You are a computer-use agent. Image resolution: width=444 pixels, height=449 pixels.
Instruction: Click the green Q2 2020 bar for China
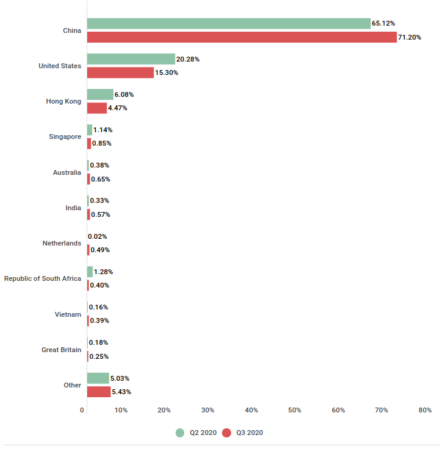point(229,23)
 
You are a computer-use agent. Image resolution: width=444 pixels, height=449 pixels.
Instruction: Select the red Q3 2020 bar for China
point(242,37)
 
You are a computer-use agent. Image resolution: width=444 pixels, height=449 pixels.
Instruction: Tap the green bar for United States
point(131,59)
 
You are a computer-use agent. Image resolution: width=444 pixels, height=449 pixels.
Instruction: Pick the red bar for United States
point(120,72)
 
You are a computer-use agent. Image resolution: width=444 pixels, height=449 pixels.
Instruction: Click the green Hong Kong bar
point(100,94)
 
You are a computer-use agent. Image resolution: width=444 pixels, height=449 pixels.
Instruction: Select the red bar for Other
point(99,392)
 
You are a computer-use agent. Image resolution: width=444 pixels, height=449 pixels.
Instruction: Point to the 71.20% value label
point(409,37)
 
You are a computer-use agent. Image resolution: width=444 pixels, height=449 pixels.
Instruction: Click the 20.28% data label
point(188,59)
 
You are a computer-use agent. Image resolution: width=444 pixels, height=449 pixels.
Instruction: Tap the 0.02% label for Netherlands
point(98,236)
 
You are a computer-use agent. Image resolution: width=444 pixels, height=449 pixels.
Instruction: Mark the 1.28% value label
point(103,272)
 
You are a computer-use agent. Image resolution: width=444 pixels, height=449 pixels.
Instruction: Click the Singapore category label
point(65,137)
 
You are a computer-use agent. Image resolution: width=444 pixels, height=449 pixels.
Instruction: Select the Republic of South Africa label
point(43,278)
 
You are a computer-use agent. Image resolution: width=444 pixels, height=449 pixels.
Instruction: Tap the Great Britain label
point(61,350)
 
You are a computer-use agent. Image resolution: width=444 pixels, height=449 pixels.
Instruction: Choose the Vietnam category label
point(68,314)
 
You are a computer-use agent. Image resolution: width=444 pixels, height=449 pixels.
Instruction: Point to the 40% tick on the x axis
point(251,410)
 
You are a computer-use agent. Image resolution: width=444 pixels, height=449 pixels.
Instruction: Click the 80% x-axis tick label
point(424,410)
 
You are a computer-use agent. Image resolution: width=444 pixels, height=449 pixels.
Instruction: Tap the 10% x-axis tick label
point(121,410)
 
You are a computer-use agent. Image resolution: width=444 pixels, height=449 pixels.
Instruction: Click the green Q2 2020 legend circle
point(180,433)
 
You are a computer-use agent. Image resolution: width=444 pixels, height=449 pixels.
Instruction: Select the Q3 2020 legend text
point(251,433)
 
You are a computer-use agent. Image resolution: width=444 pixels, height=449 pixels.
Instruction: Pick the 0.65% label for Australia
point(101,179)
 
